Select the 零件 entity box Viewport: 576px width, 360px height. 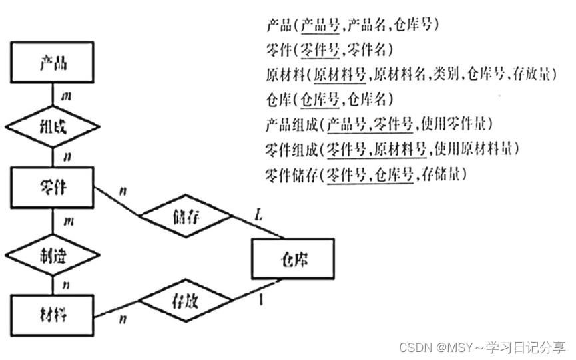coord(53,188)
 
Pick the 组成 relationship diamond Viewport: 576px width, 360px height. coord(53,126)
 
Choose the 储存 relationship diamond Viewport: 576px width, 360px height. coord(186,216)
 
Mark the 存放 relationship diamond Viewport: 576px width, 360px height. coord(186,301)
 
